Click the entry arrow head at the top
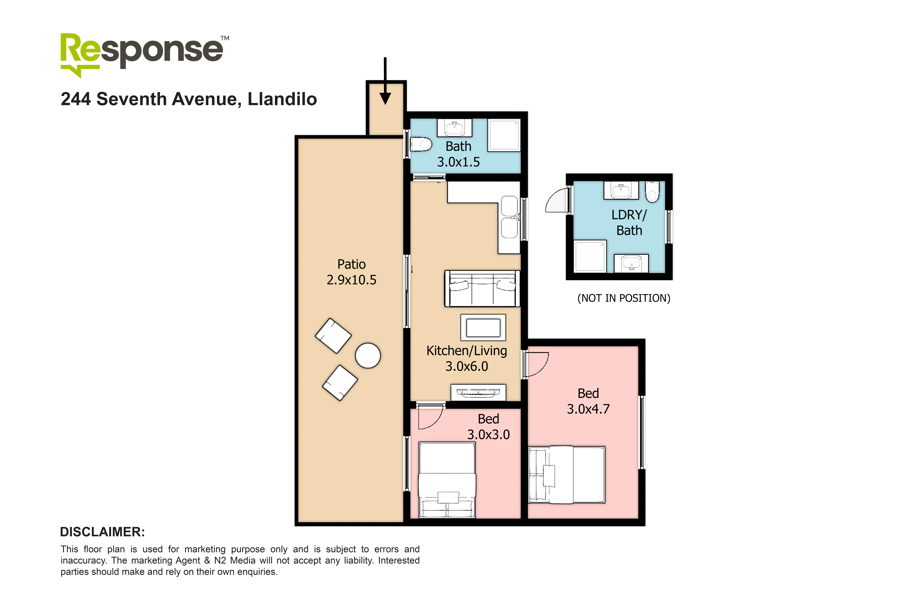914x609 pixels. coord(385,98)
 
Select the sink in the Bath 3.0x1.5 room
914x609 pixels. coord(455,128)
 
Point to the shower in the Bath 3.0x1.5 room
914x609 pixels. coord(504,135)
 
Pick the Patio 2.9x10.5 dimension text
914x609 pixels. coord(351,280)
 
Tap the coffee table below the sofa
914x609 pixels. coord(483,327)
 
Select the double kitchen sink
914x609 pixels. coord(509,217)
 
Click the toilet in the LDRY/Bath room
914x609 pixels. coord(652,192)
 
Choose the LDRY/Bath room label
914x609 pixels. coord(629,223)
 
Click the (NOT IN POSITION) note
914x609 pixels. coord(624,298)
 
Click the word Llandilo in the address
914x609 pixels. coord(282,99)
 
